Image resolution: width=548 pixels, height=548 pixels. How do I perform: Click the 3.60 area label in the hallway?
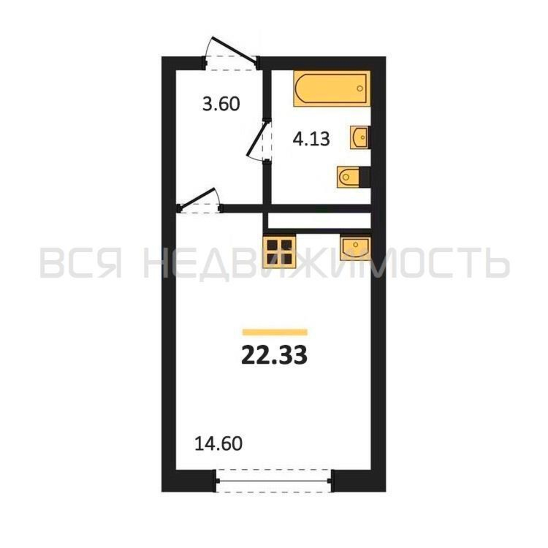point(221,104)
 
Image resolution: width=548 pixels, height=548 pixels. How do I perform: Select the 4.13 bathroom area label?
point(311,139)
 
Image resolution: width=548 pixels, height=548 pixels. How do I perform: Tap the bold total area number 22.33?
point(274,356)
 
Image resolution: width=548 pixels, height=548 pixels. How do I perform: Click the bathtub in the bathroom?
point(332,88)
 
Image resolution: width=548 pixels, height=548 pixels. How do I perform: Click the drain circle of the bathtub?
point(360,88)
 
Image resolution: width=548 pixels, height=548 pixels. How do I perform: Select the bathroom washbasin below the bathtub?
point(359,138)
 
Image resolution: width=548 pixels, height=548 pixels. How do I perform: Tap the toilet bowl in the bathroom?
point(348,177)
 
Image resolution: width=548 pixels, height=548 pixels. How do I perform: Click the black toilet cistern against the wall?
point(364,177)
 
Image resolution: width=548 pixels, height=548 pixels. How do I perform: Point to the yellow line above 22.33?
point(275,332)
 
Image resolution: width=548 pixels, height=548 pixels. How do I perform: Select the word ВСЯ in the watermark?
point(81,262)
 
